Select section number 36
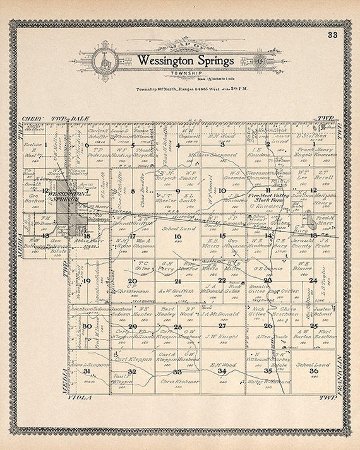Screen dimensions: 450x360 tap(313, 371)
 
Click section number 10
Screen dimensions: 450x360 tap(222, 190)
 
